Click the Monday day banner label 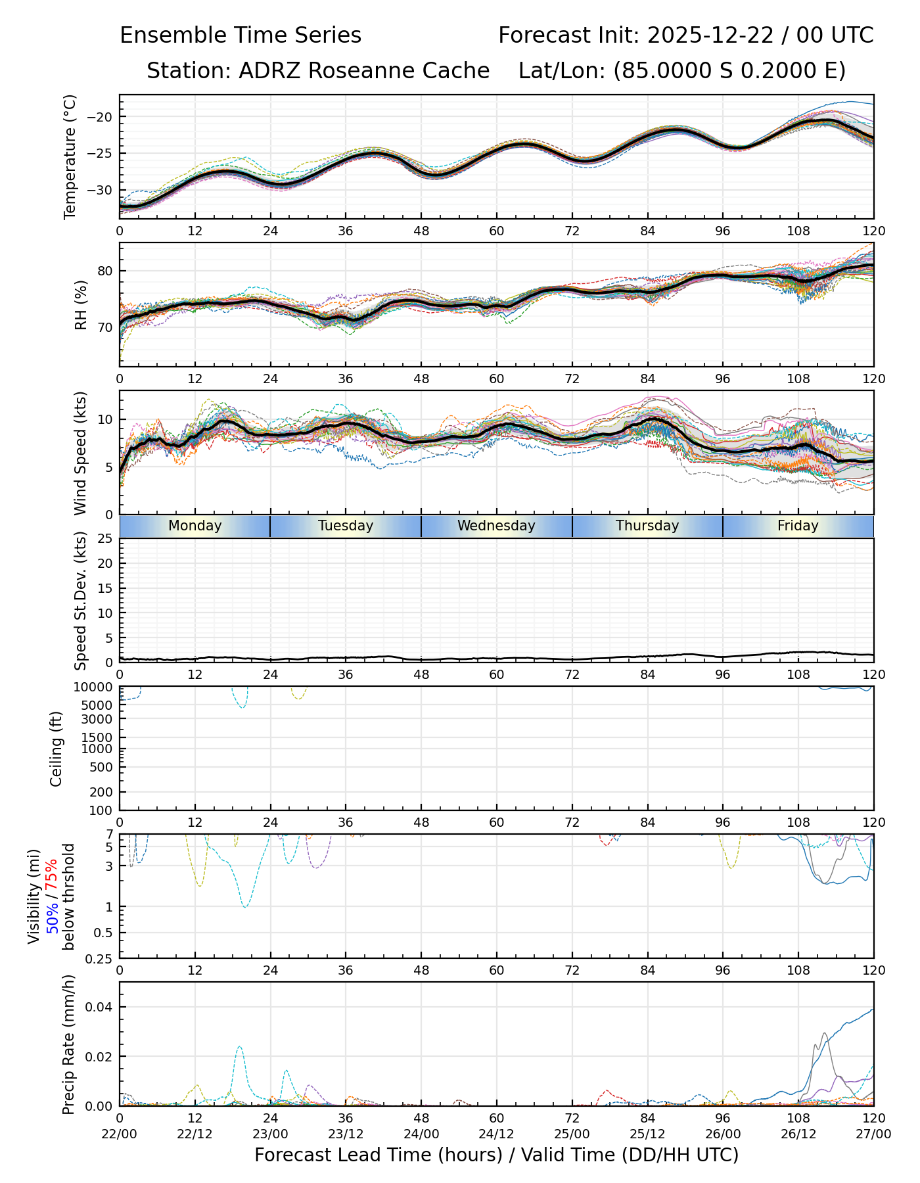point(195,526)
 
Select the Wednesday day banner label point(496,526)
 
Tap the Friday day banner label point(798,526)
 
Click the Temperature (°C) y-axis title point(70,156)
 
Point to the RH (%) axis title point(81,304)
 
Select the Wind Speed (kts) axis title point(81,453)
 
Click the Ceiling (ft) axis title point(57,749)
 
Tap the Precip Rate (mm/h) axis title point(68,1044)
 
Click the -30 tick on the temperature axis point(103,190)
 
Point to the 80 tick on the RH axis point(106,271)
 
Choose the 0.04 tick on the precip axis point(101,1007)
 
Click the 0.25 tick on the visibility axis point(102,958)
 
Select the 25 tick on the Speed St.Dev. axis point(106,539)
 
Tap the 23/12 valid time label point(346,1134)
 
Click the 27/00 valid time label point(873,1134)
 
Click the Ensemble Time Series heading point(241,35)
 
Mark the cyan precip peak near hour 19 point(239,1047)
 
